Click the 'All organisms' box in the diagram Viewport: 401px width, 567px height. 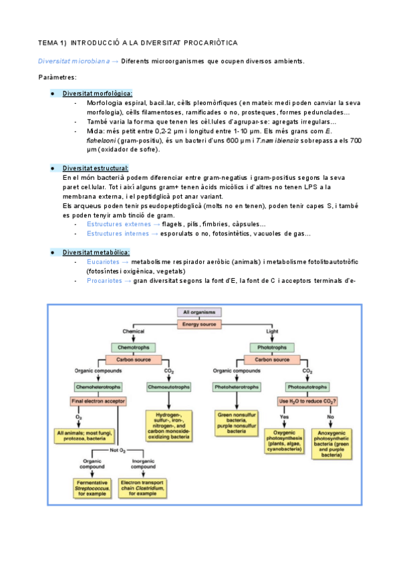tap(198, 312)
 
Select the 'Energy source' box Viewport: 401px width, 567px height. tap(198, 324)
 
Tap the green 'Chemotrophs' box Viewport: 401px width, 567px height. tap(133, 348)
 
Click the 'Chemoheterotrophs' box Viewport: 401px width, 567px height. tap(95, 386)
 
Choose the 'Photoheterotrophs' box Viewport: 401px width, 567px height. tap(237, 386)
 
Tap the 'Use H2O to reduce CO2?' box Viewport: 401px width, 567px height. tap(307, 401)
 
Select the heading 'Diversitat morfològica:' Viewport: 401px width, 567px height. tap(98, 94)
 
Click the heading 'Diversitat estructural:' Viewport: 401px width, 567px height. tap(96, 168)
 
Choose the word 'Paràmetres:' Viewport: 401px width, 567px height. tap(57, 78)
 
